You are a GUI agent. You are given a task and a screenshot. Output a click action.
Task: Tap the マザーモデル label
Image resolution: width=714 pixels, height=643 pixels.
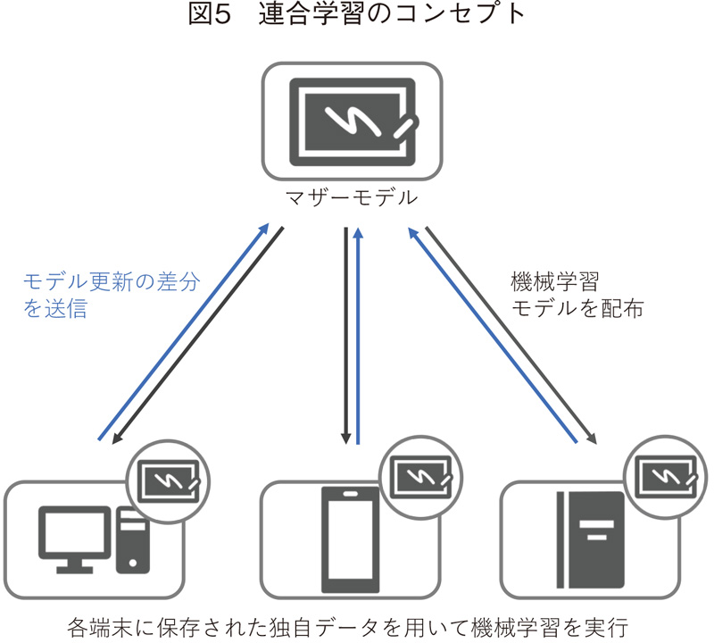pos(351,197)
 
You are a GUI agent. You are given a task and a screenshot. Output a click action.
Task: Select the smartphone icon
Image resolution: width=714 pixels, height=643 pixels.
pos(349,537)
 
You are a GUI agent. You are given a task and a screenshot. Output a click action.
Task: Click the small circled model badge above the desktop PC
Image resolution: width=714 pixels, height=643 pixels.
pos(170,480)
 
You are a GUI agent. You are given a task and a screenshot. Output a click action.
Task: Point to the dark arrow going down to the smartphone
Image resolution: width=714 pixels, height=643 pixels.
pos(345,335)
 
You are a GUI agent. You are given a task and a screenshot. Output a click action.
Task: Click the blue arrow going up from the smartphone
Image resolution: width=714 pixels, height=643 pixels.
pos(358,335)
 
